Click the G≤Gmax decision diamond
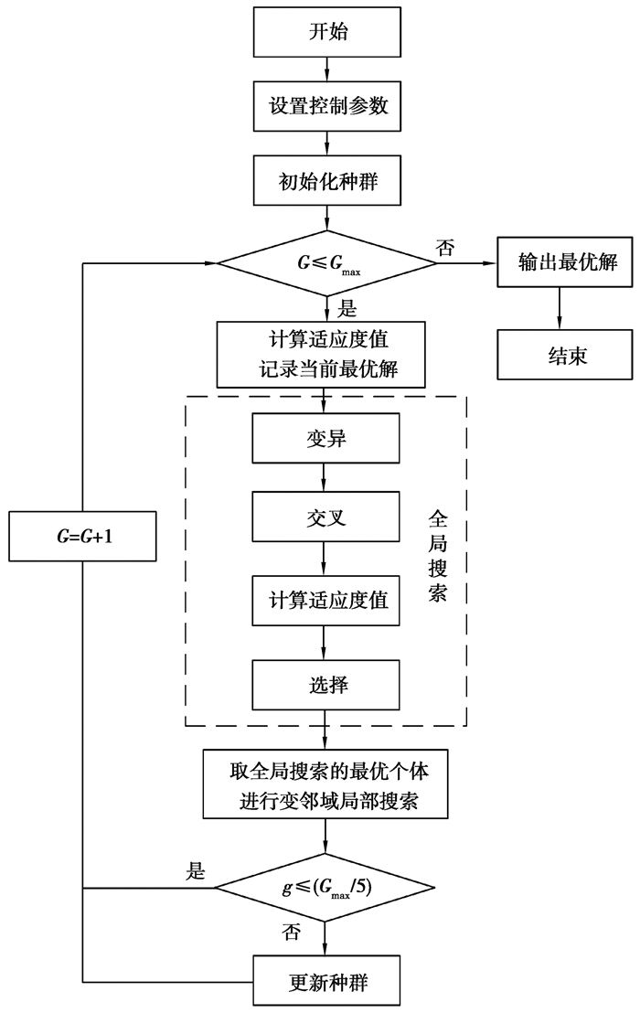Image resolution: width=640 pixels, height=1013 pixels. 327,264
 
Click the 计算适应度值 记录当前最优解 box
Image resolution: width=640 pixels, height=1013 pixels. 325,354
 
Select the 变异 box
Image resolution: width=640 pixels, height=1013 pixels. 325,439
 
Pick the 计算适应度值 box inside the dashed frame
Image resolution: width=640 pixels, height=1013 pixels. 325,601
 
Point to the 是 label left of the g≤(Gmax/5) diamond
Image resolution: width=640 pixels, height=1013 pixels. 194,872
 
